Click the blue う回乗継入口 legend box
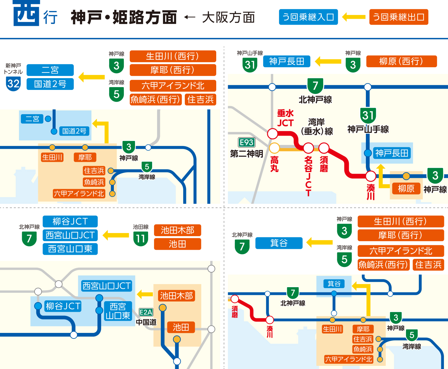(308, 17)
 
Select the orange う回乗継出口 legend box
(399, 17)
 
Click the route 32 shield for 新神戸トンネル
(13, 84)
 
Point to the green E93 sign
(246, 142)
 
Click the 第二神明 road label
(246, 154)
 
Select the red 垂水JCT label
(285, 118)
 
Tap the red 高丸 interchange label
(274, 164)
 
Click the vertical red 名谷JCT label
(308, 176)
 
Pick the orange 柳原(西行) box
(401, 61)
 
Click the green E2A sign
(146, 312)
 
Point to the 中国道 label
(146, 322)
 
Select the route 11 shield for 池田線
(140, 239)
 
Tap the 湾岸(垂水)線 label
(317, 127)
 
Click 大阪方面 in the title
(228, 17)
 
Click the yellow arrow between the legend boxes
(354, 17)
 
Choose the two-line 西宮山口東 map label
(118, 311)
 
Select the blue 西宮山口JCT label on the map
(106, 286)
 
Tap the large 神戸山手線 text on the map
(368, 129)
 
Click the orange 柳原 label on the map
(406, 188)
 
